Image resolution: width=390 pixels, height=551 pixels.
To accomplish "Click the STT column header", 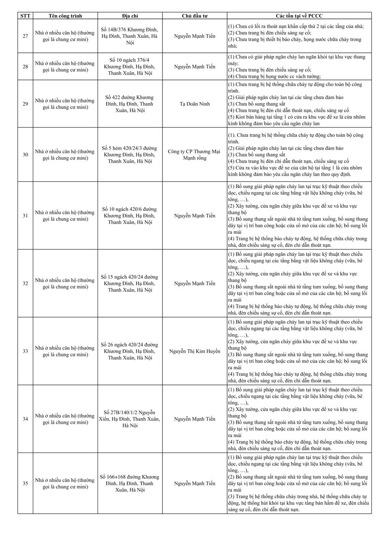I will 25,16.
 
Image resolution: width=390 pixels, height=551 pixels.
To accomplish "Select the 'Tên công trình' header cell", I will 65,16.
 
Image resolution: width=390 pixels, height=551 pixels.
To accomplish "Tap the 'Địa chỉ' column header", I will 130,16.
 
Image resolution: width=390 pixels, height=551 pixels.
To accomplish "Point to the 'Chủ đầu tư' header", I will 195,16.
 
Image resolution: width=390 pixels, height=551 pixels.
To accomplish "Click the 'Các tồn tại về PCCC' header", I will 299,16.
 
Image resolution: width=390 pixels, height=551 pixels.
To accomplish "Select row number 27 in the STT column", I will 25,36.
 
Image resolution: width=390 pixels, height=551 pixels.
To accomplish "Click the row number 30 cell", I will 25,155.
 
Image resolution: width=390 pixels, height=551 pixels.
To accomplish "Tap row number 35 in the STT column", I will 25,483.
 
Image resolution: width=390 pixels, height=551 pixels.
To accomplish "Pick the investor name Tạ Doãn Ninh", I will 195,104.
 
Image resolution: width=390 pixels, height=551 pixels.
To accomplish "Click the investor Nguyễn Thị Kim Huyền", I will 195,351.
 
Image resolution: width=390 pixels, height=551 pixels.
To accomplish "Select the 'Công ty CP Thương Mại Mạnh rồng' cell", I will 195,155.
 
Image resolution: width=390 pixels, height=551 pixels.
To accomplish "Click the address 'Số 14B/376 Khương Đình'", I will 130,36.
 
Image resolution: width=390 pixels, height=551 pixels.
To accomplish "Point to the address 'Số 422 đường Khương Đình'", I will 130,104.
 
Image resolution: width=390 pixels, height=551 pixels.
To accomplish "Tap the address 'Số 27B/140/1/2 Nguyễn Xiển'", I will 130,419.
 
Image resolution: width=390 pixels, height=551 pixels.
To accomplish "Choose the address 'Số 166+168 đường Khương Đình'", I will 130,483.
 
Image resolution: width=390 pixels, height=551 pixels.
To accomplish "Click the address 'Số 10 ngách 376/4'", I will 130,67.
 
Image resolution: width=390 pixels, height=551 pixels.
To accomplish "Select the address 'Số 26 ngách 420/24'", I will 130,351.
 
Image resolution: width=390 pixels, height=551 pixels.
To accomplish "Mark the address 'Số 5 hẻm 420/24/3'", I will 130,155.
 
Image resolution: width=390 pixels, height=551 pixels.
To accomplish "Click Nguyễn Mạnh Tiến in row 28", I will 195,67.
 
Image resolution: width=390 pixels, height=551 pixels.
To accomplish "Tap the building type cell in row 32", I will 65,283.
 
